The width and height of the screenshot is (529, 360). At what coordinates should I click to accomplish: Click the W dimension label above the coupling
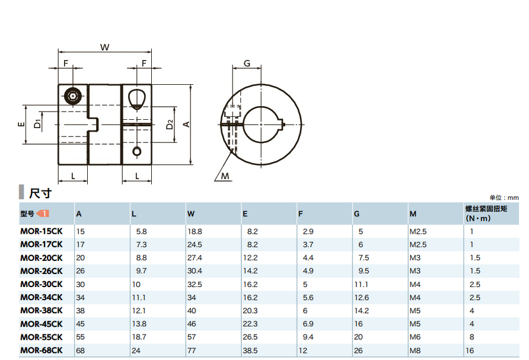[x=104, y=47]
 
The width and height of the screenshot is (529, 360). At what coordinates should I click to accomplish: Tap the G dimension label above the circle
[x=247, y=63]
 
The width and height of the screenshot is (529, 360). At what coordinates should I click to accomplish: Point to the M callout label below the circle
[x=225, y=176]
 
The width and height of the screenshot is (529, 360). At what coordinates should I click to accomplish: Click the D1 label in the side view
[x=37, y=124]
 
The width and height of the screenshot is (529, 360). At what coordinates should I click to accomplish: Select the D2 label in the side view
[x=170, y=125]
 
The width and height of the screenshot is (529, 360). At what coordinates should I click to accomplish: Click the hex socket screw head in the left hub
[x=73, y=96]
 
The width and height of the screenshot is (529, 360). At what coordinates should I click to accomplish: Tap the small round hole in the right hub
[x=137, y=151]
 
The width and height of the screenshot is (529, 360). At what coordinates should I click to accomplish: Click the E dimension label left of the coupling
[x=21, y=124]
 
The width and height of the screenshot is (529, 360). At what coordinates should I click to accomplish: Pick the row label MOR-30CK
[x=42, y=284]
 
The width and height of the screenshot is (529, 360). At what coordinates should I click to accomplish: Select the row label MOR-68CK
[x=42, y=351]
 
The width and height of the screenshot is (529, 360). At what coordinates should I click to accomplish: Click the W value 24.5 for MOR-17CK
[x=195, y=244]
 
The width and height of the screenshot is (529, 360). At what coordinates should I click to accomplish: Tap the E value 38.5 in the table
[x=250, y=351]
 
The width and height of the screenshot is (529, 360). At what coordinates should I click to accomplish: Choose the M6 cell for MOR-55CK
[x=415, y=337]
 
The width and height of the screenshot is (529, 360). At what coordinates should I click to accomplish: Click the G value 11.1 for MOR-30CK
[x=361, y=285]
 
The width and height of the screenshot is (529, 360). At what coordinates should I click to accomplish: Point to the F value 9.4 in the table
[x=308, y=337]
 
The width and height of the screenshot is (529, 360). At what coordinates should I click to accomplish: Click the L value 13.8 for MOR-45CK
[x=139, y=324]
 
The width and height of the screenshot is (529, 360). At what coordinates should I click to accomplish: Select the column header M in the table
[x=413, y=214]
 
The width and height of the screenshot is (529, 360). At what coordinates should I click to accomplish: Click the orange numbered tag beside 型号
[x=43, y=214]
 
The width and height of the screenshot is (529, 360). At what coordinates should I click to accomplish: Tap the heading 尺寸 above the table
[x=40, y=193]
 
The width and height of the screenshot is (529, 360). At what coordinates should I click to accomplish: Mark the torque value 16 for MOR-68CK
[x=470, y=351]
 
